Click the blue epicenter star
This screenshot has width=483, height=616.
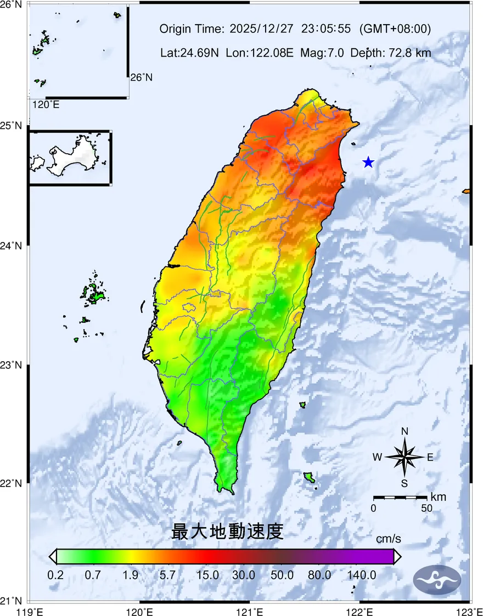tap(368, 163)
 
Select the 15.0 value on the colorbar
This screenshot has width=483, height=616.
tap(208, 575)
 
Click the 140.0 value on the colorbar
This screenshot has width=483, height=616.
tap(362, 575)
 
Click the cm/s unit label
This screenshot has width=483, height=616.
tap(388, 539)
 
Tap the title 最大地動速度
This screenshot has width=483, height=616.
tap(227, 531)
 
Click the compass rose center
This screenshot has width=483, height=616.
tap(405, 457)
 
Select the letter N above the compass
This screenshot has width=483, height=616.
tap(405, 432)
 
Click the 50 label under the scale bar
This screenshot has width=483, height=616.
tap(426, 508)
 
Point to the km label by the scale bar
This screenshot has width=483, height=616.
tap(439, 497)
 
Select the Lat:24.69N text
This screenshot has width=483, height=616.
tap(190, 53)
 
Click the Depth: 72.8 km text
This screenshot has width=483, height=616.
tap(391, 53)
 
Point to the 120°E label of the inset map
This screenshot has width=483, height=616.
tap(46, 104)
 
